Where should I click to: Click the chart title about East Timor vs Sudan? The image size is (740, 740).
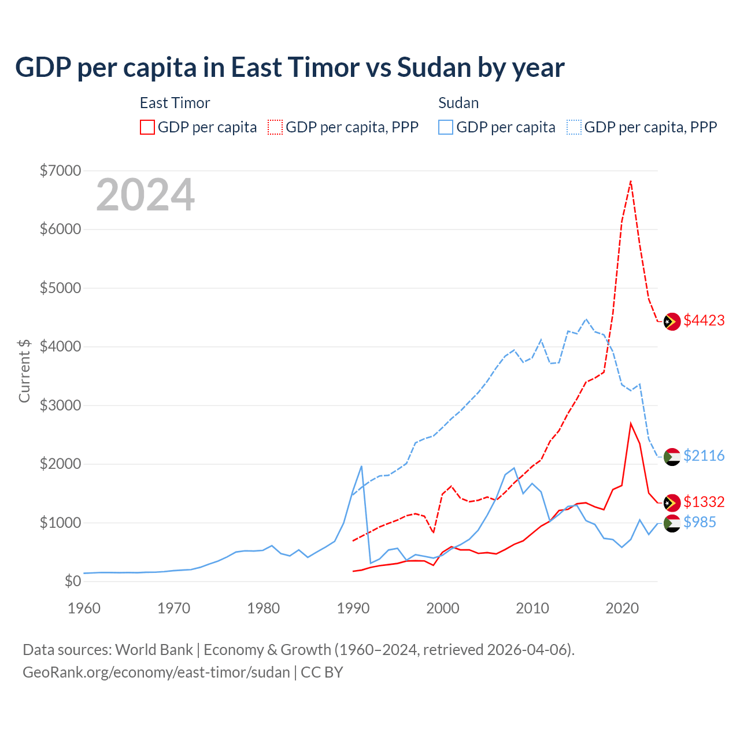coord(290,68)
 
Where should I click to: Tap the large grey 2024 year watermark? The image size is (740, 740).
coord(145,195)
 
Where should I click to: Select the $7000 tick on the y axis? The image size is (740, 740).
coord(60,171)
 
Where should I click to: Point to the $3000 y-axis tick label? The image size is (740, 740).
coord(60,405)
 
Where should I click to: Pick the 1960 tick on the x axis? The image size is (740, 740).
coord(84,608)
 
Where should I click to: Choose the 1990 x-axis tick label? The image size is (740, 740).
coord(353,608)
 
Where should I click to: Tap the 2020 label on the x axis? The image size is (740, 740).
coord(622,608)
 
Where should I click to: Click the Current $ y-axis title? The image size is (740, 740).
coord(24,371)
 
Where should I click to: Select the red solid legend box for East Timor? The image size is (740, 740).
coord(147,127)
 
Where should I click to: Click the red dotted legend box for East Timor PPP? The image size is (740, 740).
coord(276,127)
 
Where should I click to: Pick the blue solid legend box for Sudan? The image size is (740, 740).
coord(446,127)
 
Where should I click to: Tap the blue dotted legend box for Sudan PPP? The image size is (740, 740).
coord(574,127)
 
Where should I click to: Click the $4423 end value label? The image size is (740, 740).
coord(704,321)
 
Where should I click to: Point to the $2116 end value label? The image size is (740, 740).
coord(704,456)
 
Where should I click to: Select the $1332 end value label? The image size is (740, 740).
coord(704,502)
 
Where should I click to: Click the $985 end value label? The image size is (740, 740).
coord(700,523)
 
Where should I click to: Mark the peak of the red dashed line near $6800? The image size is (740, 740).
coord(631,181)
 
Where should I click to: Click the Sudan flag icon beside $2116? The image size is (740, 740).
coord(672,456)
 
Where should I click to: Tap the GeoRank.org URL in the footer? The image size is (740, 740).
coord(156,672)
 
